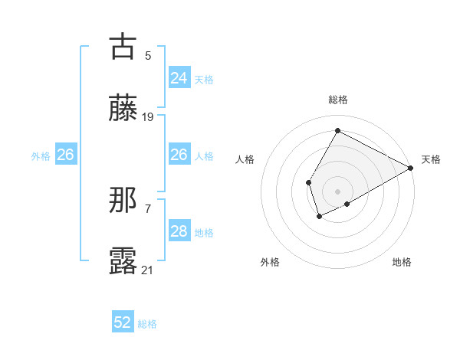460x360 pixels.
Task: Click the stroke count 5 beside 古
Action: coord(148,55)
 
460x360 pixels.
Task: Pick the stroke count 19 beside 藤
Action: coord(148,117)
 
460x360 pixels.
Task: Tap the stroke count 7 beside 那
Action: coord(148,208)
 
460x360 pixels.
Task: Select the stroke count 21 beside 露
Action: coord(148,270)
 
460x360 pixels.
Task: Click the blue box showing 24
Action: coord(179,77)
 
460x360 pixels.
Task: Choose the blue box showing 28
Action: coord(179,231)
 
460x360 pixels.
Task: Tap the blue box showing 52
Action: coord(123,322)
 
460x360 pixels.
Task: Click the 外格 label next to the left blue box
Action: coord(41,155)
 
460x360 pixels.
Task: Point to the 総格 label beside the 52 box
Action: coord(147,324)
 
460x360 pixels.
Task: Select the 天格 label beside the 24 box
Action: coord(204,79)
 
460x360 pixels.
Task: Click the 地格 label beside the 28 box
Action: coord(204,233)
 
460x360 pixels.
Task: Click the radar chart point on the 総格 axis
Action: coord(337,130)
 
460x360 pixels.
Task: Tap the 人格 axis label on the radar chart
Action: coord(245,159)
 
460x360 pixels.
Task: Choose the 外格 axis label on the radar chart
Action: coord(270,262)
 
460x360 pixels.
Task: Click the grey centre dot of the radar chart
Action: coord(337,191)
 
